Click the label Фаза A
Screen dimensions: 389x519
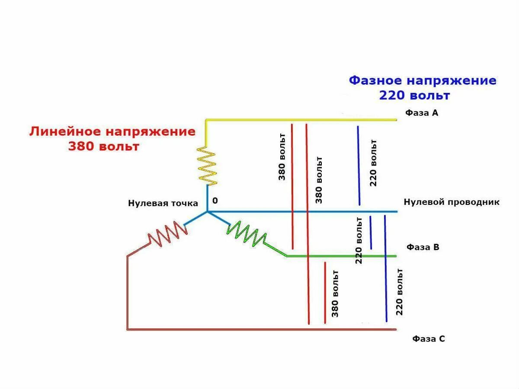coord(422,113)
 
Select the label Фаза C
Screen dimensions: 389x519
coord(428,339)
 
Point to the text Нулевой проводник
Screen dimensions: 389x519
coord(452,202)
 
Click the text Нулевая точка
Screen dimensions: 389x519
coord(163,203)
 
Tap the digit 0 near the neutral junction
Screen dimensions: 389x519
coord(215,201)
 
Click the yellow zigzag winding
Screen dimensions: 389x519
coord(207,165)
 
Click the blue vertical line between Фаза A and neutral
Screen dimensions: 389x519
coord(359,166)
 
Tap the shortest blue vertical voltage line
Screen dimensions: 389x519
coord(371,232)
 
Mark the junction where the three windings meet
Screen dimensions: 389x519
coord(207,211)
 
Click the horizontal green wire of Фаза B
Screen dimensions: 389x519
coord(342,256)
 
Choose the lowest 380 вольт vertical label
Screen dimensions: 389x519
coord(335,294)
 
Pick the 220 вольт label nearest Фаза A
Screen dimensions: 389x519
coord(373,163)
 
